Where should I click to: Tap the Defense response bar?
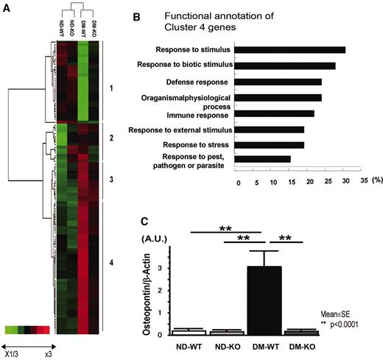coord(280,82)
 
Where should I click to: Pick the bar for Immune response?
coord(276,113)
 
